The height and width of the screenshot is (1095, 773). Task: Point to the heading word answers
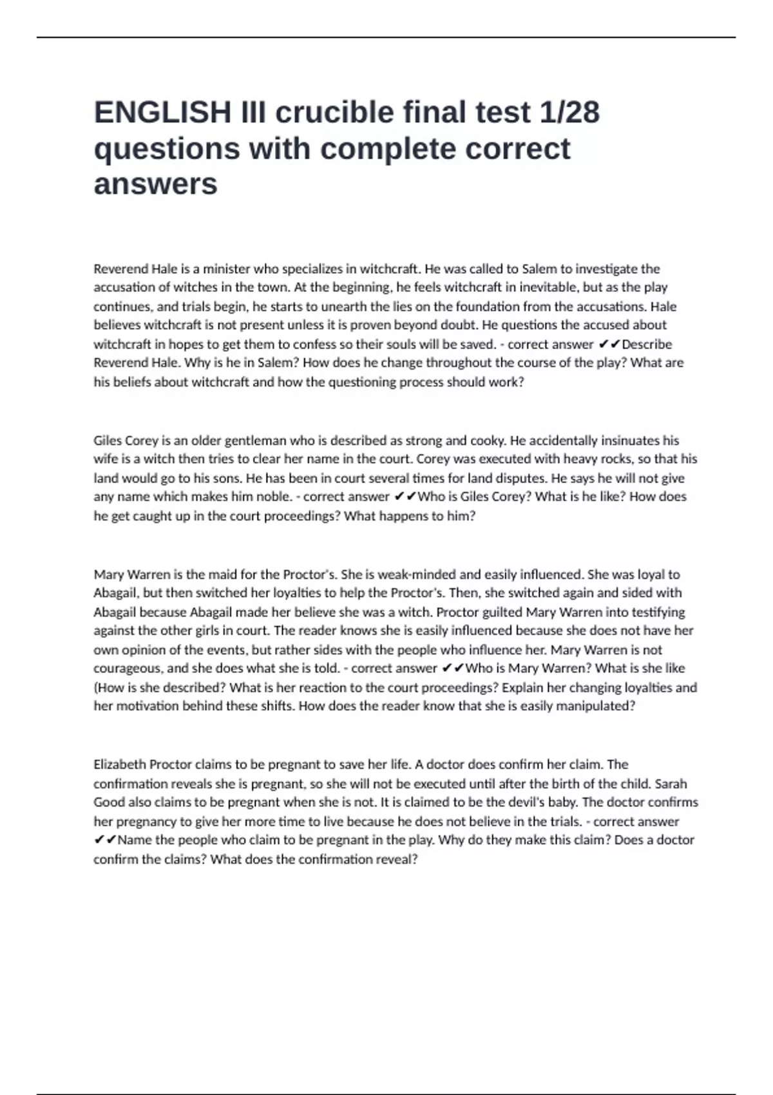(x=155, y=184)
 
